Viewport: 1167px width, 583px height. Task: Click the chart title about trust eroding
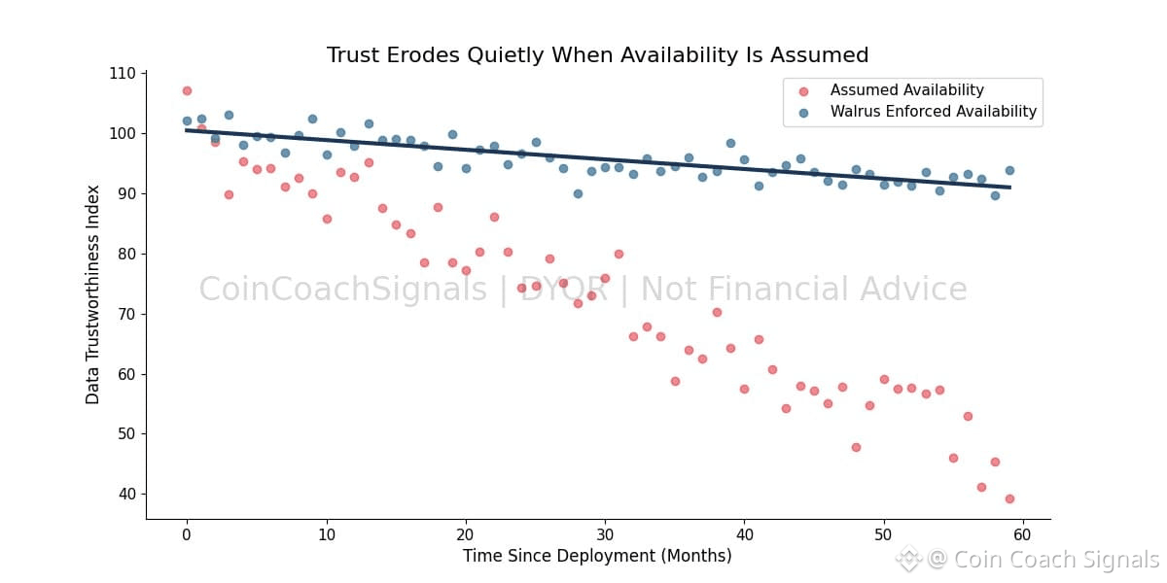597,55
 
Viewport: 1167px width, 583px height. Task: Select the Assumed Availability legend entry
906,90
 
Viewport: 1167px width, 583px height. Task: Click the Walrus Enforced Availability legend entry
933,112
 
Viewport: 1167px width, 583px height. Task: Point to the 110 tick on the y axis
123,74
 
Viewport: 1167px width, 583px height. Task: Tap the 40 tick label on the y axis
126,495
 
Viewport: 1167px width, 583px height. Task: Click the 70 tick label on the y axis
126,314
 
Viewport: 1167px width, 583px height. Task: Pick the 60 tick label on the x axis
1022,534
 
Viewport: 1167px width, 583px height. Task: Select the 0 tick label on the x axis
187,534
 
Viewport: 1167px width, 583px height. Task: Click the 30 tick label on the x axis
605,534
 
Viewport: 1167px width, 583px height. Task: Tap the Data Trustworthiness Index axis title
93,294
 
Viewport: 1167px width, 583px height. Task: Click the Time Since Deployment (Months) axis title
597,556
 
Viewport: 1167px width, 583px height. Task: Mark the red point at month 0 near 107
187,91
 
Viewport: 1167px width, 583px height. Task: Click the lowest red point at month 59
1009,498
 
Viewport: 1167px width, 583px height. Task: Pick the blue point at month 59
1009,170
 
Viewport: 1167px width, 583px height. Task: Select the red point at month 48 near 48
856,447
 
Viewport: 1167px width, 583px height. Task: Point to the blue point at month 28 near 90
578,193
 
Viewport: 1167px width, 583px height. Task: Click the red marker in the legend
803,91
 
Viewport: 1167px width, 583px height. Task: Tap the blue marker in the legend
803,113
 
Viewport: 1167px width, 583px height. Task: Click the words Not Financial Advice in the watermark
803,290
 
